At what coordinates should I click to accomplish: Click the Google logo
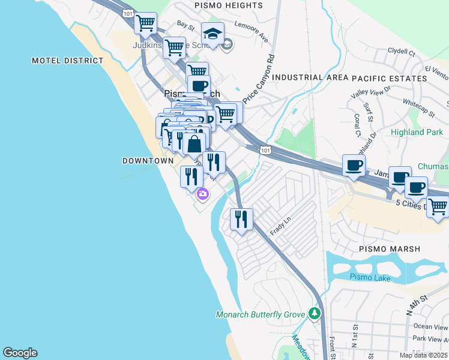click(x=20, y=353)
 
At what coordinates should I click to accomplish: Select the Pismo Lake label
click(x=370, y=278)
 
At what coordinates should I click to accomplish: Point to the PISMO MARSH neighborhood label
click(x=390, y=248)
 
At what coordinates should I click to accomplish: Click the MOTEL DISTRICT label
click(x=67, y=61)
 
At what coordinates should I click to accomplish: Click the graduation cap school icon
click(x=212, y=33)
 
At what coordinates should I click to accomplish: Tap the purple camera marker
click(x=203, y=194)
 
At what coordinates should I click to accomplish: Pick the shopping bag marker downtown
click(x=194, y=144)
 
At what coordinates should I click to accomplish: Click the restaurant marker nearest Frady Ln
click(x=241, y=219)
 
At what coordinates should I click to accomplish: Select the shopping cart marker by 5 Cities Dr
click(x=438, y=207)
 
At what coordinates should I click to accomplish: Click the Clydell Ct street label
click(x=402, y=52)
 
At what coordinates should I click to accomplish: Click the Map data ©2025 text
click(x=424, y=355)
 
